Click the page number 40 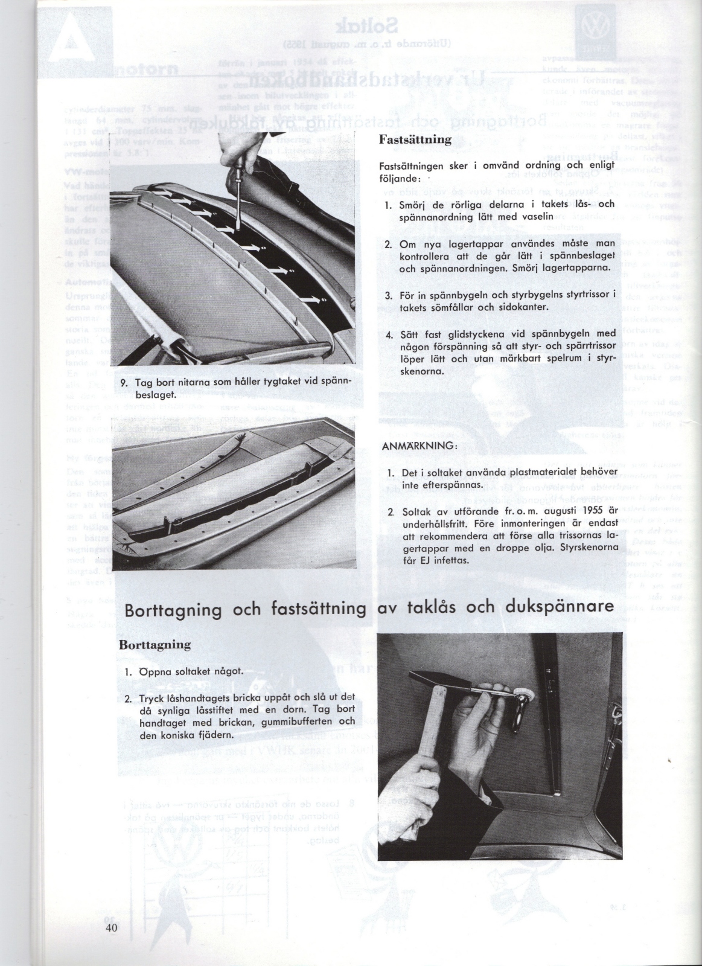(110, 929)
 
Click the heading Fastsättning (415, 139)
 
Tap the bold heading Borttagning (155, 644)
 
